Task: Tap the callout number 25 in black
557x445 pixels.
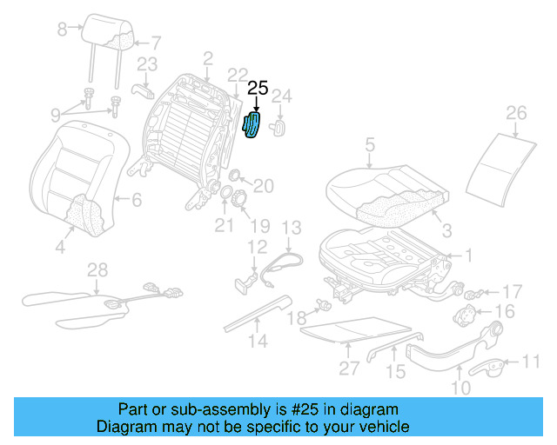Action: pyautogui.click(x=258, y=88)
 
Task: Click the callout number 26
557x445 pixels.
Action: pyautogui.click(x=516, y=112)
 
